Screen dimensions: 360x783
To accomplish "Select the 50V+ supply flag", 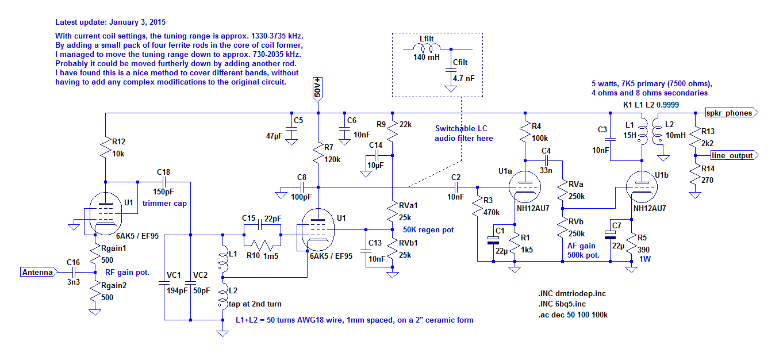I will [x=318, y=89].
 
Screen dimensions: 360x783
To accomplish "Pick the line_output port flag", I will [x=734, y=156].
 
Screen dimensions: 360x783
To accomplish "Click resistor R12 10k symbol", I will [x=106, y=149].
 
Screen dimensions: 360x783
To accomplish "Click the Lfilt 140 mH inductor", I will [x=426, y=48].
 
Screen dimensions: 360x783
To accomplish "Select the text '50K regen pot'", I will [x=428, y=230].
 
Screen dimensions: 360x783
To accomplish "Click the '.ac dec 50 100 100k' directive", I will [x=570, y=315].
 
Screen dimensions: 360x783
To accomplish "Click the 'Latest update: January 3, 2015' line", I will [x=110, y=22].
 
